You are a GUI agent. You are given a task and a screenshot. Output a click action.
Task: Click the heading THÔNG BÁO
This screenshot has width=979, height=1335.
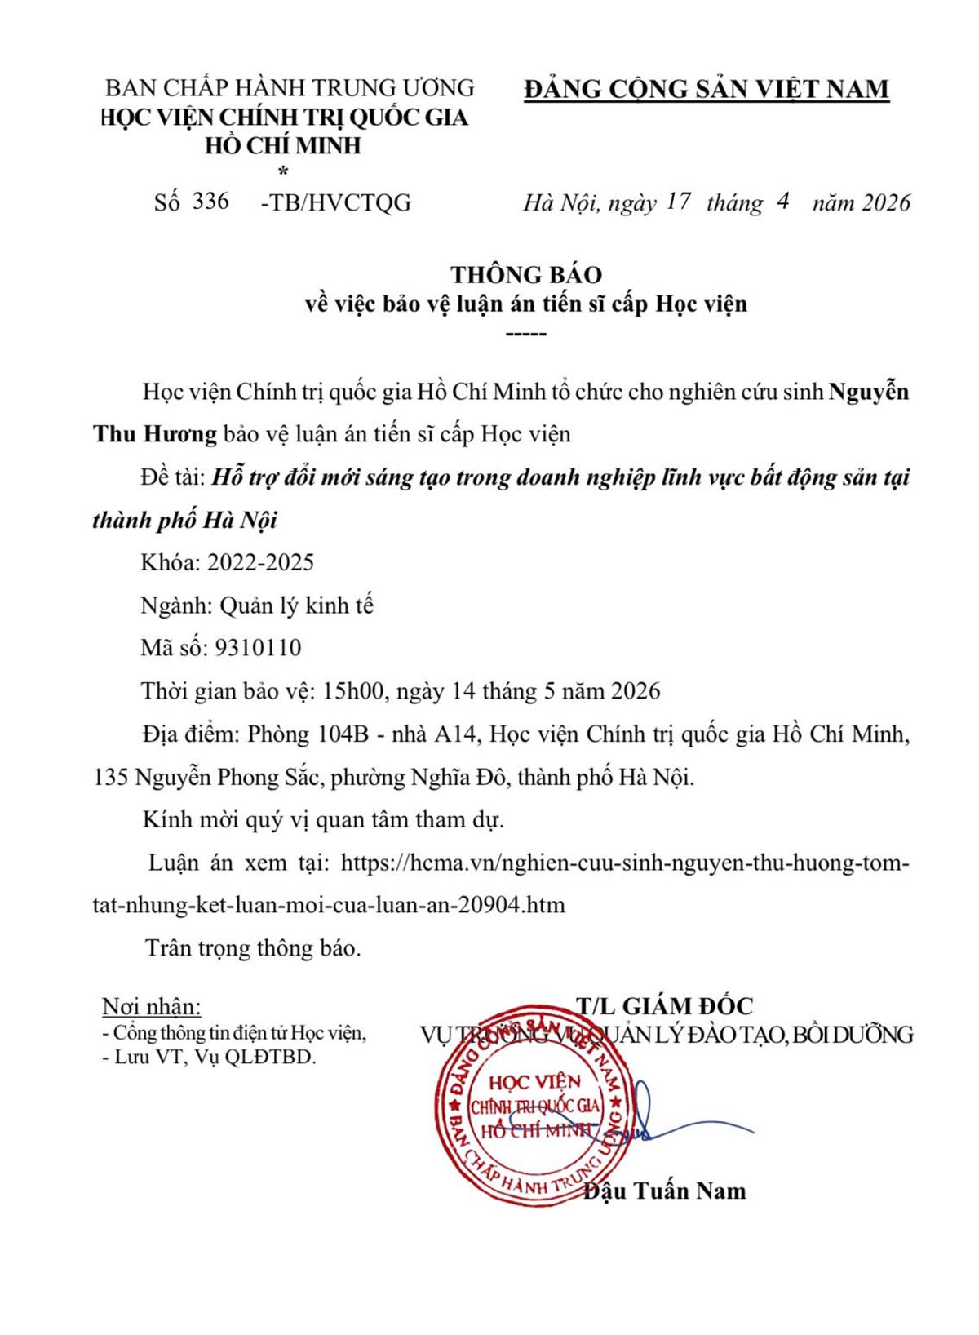click(526, 274)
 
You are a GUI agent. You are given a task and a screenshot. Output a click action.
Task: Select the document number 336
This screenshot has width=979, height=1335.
click(210, 201)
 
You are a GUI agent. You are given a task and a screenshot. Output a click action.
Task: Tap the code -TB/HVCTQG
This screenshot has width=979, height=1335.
click(335, 202)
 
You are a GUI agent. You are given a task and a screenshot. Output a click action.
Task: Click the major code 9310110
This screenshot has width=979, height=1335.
click(258, 648)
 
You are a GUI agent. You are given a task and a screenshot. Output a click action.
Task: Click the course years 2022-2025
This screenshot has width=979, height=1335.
click(261, 562)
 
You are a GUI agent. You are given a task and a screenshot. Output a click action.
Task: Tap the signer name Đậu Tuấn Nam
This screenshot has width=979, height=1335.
click(665, 1191)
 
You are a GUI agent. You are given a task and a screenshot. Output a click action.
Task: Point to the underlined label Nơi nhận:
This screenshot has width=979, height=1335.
click(151, 1006)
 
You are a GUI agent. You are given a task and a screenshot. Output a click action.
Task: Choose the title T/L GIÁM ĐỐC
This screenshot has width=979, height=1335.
click(665, 1005)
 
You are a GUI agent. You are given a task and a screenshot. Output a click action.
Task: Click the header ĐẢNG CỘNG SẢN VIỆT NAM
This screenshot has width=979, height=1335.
click(706, 89)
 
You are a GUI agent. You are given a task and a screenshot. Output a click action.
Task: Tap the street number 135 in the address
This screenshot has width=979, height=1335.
click(111, 777)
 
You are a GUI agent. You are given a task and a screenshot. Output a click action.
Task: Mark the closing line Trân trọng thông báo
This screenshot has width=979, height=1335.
click(252, 948)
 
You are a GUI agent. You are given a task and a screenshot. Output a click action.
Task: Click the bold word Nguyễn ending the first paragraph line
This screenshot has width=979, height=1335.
click(869, 392)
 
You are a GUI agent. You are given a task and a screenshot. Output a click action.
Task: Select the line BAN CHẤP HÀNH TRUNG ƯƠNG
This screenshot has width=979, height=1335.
click(290, 87)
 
